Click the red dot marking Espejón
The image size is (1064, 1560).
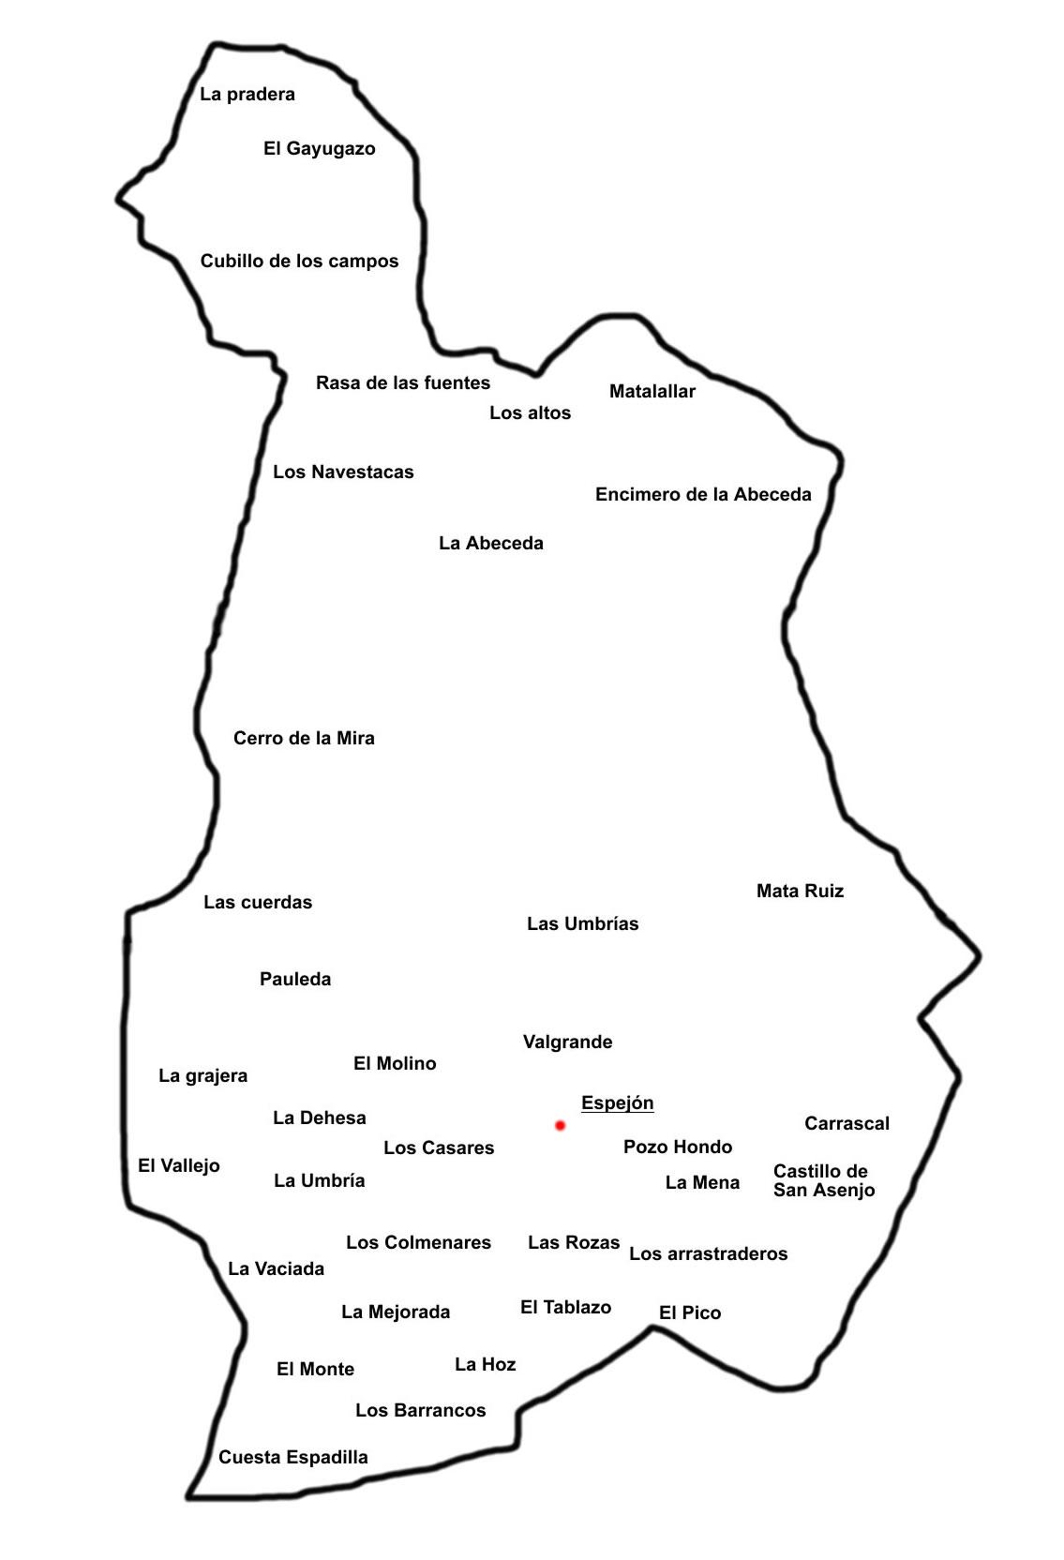(x=560, y=1125)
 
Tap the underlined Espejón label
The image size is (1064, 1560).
(x=617, y=1102)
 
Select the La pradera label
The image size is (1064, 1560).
(x=247, y=95)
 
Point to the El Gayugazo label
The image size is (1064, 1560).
(x=319, y=149)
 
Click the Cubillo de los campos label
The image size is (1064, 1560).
(x=299, y=262)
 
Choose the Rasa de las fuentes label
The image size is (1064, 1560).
(x=402, y=383)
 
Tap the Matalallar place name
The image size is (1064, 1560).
(x=652, y=392)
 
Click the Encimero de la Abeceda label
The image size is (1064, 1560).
(x=703, y=495)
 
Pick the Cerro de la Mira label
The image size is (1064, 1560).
(x=304, y=739)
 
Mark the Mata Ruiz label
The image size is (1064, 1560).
(x=800, y=892)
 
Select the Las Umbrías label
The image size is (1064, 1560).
(x=582, y=924)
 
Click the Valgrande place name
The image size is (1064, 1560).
(x=567, y=1042)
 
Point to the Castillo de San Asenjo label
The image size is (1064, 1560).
(x=823, y=1181)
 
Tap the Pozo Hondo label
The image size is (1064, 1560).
(x=677, y=1147)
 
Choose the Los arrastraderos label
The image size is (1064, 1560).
(x=708, y=1254)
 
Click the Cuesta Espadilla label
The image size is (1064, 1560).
(x=292, y=1458)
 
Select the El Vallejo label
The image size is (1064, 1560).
(x=178, y=1166)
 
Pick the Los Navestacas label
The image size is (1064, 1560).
(x=343, y=472)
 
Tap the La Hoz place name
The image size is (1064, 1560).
(x=485, y=1365)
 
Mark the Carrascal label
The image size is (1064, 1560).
(x=847, y=1124)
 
